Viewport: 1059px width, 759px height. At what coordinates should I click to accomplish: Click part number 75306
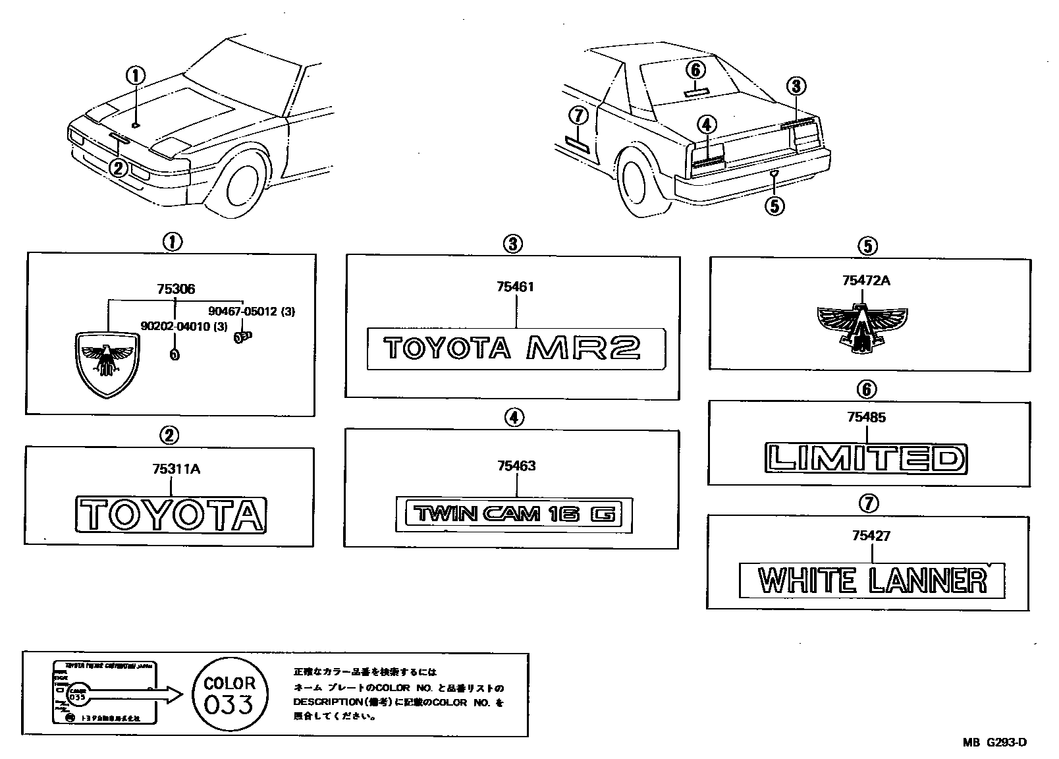[176, 289]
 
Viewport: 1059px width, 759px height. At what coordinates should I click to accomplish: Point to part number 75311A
[176, 469]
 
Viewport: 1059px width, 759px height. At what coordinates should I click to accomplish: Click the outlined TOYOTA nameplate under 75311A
[171, 513]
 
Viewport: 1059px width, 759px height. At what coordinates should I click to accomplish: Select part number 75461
[516, 287]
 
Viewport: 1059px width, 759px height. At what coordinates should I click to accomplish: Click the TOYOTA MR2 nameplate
[516, 348]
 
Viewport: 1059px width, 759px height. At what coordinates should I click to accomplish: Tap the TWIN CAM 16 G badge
[514, 513]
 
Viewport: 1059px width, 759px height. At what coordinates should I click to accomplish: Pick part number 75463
[516, 466]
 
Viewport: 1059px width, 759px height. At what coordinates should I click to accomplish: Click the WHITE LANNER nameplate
[872, 580]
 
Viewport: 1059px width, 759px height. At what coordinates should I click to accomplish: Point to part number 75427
[871, 536]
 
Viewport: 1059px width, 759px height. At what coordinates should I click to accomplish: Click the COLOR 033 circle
[230, 694]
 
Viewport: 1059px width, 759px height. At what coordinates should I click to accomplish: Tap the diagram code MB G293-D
[994, 743]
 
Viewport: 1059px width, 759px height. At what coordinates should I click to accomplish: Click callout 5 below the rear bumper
[774, 206]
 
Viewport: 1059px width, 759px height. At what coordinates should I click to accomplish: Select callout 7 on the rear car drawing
[578, 117]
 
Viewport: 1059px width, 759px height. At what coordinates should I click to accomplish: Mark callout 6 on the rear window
[696, 69]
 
